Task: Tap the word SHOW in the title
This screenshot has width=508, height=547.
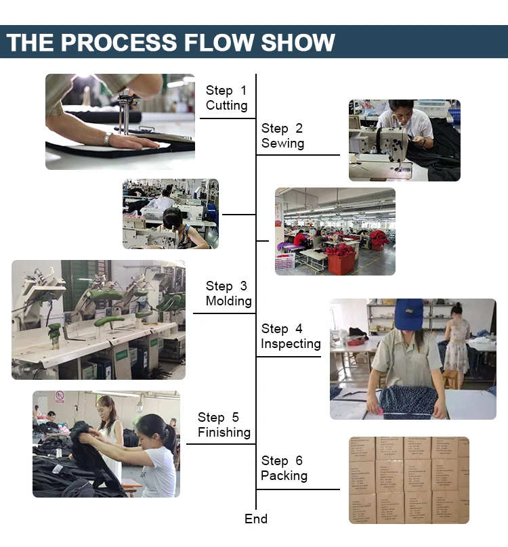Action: [299, 42]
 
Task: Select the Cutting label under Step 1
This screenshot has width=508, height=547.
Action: [226, 106]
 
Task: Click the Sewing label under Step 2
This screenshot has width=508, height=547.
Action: [282, 144]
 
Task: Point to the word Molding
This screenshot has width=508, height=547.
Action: [228, 301]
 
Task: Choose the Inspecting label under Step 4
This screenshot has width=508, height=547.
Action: [291, 344]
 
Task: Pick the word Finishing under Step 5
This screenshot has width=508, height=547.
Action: [224, 433]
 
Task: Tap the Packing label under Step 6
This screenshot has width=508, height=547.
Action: [284, 476]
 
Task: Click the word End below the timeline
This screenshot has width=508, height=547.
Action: [256, 519]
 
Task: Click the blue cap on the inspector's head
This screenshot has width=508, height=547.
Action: [409, 313]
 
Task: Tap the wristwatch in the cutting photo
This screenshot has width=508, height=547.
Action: [108, 139]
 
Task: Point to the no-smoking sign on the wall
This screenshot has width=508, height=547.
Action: [60, 397]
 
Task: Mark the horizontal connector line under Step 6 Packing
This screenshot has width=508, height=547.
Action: [298, 489]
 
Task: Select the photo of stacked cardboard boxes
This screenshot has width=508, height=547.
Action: [408, 480]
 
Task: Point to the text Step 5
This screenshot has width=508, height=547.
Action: [218, 418]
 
